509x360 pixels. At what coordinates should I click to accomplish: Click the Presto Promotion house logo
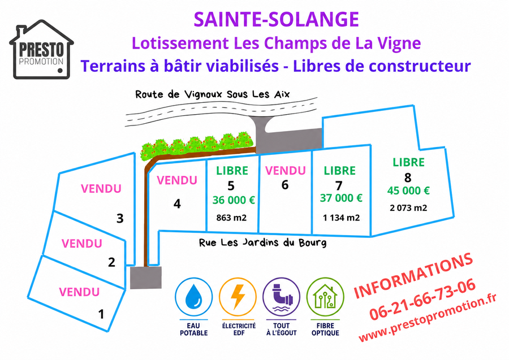41,49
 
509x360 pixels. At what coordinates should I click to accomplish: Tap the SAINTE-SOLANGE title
276,19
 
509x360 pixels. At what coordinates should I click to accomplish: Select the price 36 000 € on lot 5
234,200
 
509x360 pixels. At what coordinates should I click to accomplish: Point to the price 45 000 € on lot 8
408,190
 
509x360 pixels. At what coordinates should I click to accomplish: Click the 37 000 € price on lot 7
341,198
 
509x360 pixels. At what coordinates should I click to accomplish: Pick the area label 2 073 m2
408,207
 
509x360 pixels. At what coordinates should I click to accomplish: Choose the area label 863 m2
231,217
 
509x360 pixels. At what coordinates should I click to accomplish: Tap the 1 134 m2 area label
341,218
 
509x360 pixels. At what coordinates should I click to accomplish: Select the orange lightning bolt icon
238,297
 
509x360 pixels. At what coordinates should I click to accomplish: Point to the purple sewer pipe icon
282,297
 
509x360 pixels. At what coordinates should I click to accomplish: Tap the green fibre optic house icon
325,297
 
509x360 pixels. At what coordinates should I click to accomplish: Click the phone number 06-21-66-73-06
422,299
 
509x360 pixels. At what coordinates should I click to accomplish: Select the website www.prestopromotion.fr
428,318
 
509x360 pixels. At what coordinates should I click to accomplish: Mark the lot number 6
284,185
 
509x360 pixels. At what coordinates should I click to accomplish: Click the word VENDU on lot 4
177,180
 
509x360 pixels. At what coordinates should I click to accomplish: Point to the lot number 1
101,314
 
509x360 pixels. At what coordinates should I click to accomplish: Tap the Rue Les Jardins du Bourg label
262,243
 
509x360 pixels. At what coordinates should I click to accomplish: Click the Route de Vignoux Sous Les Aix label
212,94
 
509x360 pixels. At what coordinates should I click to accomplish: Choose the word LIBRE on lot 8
408,162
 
